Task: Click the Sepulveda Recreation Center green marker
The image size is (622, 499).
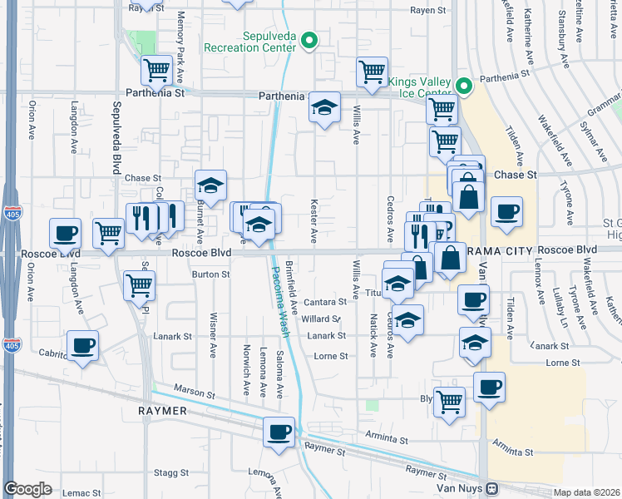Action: point(309,39)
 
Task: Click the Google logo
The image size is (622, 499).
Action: point(27,489)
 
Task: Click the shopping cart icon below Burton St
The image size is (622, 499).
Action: point(139,285)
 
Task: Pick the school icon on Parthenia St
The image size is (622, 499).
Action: point(324,107)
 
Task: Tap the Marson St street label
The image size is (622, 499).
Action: point(194,391)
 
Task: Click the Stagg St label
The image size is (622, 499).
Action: point(171,472)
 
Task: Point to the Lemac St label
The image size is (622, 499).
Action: point(81,493)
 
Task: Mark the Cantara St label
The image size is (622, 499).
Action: point(324,302)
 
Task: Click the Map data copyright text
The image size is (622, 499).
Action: point(585,492)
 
